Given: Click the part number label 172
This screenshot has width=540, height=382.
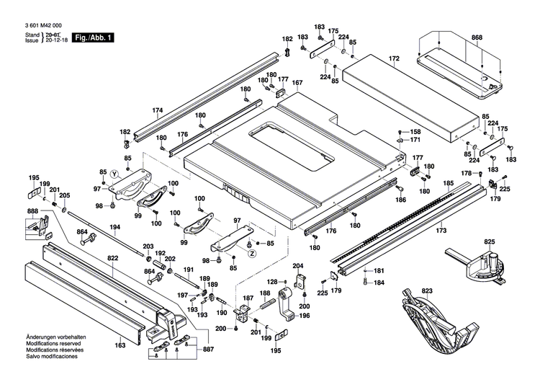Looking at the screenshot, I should (394, 57).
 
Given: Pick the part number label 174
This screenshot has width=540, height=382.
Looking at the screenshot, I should (158, 110).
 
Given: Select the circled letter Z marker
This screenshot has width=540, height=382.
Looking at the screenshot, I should (252, 253).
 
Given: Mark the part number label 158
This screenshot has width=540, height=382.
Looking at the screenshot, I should (415, 132).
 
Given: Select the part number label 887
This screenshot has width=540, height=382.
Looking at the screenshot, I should (208, 349).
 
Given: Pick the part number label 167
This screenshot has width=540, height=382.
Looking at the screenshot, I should (297, 83).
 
